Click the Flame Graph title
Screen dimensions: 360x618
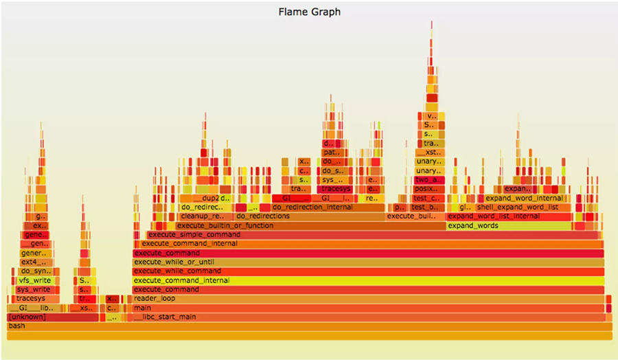(309, 12)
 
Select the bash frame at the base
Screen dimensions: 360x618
(309, 326)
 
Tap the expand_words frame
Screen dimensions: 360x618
(509, 225)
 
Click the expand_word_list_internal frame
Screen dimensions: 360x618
(509, 216)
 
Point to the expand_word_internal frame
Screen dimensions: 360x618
(525, 199)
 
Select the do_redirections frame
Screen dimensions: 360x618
(310, 216)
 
